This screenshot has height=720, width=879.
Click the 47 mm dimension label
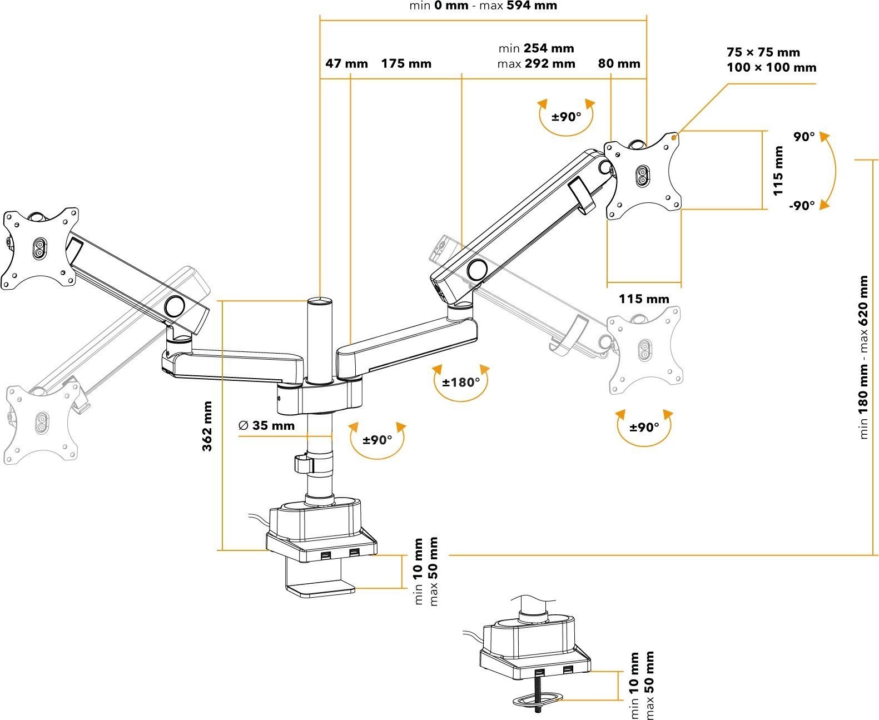(346, 63)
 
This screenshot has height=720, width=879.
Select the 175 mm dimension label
(406, 63)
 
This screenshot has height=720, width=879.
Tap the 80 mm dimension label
(619, 63)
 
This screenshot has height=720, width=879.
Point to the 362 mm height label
(207, 426)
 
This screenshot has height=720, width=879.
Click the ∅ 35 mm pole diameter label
(266, 426)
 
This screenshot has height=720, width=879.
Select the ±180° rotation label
(461, 383)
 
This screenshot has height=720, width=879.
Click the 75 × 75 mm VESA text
(763, 52)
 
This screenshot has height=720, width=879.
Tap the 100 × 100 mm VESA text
(772, 68)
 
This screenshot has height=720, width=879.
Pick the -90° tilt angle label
(801, 205)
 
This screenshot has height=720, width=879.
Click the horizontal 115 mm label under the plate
(644, 299)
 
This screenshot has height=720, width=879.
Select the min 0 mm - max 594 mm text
(483, 6)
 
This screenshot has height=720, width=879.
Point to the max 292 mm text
(536, 63)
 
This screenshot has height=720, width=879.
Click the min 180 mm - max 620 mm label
(863, 357)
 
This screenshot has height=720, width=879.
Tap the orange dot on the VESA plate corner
(674, 136)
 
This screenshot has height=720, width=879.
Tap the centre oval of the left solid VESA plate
(40, 248)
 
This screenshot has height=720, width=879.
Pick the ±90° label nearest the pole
(378, 440)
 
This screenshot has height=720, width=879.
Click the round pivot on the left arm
(175, 306)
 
